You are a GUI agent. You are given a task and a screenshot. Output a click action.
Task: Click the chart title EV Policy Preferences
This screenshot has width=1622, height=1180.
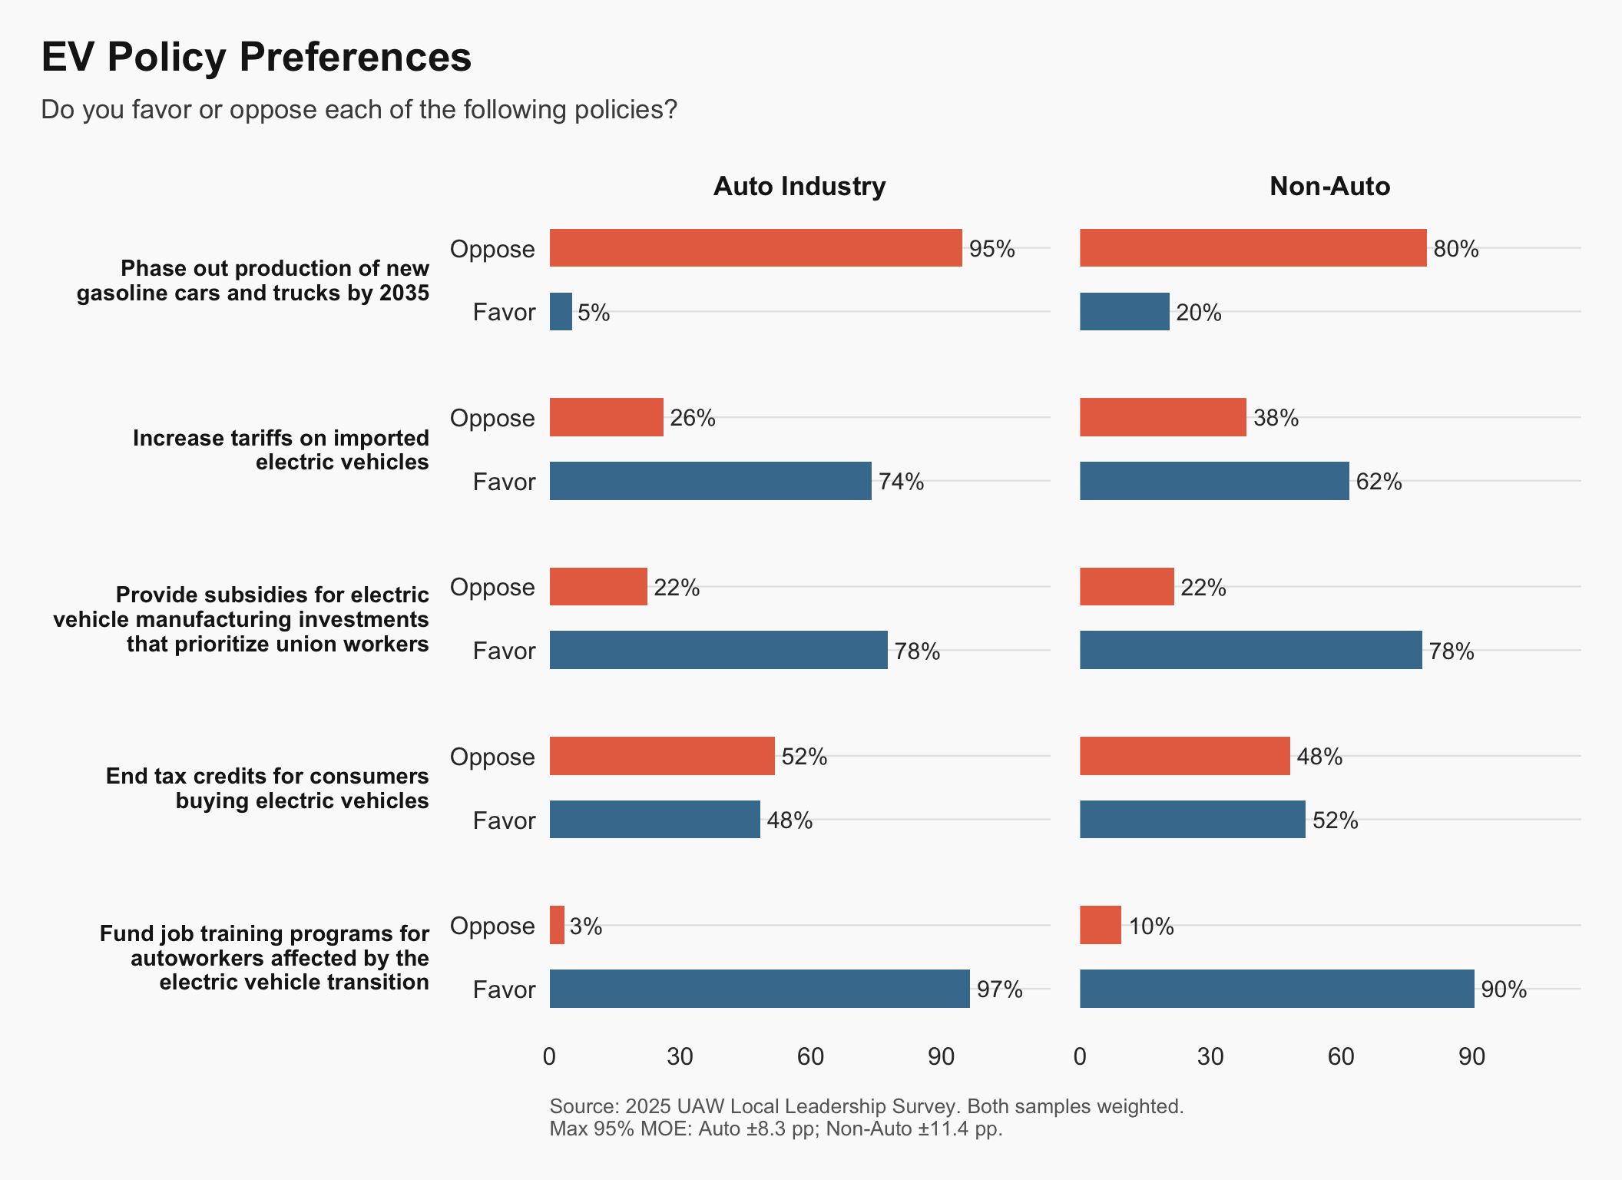tap(257, 57)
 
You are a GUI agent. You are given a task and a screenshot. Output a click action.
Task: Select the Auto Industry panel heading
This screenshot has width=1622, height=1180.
tap(799, 186)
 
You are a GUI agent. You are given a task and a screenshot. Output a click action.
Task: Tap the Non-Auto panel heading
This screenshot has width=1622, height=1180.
tap(1329, 186)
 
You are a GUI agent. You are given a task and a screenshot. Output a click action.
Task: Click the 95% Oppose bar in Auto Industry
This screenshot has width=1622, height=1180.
tap(756, 248)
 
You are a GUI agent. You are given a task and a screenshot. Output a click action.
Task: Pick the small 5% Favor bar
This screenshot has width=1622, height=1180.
tap(561, 312)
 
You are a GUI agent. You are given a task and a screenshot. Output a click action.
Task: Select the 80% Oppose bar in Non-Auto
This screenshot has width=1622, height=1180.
tap(1253, 248)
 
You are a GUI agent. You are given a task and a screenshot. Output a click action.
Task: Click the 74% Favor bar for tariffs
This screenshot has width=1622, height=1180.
tap(710, 481)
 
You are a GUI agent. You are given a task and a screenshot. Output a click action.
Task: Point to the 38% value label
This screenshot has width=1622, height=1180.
tap(1276, 418)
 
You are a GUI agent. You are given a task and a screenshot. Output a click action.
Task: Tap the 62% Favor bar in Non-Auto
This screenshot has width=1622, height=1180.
tap(1214, 481)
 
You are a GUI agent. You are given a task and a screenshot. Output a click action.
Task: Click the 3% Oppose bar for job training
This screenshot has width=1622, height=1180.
tap(557, 925)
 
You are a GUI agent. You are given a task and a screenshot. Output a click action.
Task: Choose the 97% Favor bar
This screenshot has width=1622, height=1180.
tap(760, 989)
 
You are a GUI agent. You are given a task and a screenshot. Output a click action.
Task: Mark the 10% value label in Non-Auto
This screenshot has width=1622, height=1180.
tap(1150, 926)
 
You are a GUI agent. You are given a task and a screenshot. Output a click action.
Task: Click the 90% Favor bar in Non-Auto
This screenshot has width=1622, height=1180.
tap(1276, 989)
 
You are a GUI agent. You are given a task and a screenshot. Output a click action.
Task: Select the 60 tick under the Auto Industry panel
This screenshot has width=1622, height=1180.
tap(810, 1057)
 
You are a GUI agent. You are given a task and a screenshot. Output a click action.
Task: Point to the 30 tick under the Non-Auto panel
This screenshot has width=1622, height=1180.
tap(1210, 1057)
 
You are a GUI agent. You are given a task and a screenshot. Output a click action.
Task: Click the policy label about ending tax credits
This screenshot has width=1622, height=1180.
tap(267, 788)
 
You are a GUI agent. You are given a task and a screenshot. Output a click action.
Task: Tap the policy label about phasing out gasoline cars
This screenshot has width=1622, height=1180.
tap(253, 280)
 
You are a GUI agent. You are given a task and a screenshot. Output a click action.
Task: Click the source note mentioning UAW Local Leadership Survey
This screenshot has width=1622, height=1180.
tap(866, 1106)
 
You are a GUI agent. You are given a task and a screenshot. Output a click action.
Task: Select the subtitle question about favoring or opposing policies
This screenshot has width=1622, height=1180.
tap(359, 110)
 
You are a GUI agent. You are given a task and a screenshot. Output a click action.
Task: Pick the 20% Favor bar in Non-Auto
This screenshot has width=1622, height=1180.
tap(1124, 312)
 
